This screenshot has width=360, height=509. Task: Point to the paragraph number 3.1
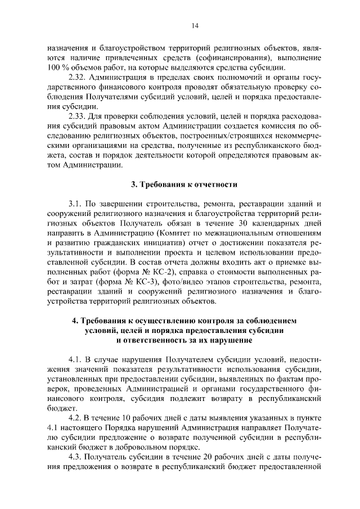[x=75, y=203]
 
